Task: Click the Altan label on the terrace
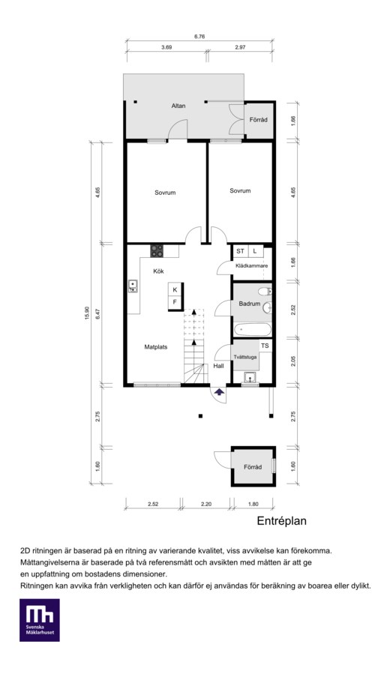178,106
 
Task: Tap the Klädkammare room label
252,266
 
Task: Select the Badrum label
250,304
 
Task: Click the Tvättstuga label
245,357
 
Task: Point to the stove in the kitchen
157,251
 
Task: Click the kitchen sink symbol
133,286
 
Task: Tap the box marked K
175,289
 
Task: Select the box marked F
175,303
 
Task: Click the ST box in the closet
241,251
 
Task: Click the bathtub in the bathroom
252,330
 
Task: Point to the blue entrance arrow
220,392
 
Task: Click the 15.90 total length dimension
87,313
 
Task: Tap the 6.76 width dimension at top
199,37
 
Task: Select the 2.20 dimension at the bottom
206,504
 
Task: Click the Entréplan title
281,521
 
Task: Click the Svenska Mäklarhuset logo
39,619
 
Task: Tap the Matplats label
156,346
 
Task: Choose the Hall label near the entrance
218,366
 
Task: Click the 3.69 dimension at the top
166,47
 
